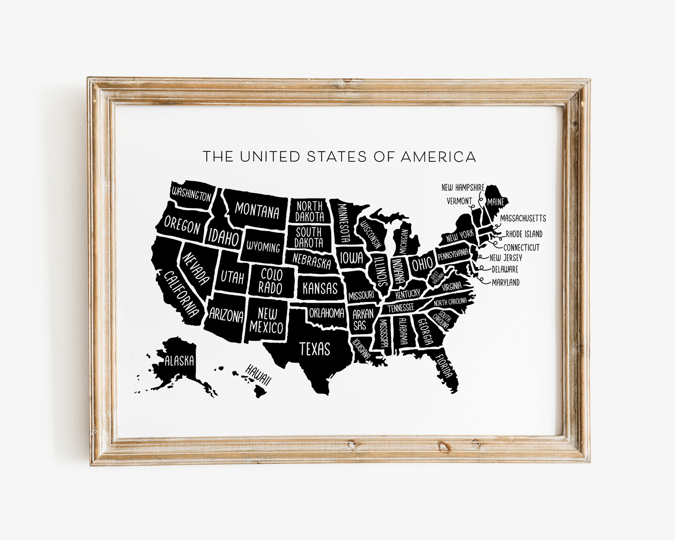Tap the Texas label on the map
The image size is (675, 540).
tap(315, 349)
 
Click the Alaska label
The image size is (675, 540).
tap(179, 361)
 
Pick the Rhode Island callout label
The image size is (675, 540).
tap(524, 234)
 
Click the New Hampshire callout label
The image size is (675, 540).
tap(463, 187)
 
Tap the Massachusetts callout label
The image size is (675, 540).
tap(523, 218)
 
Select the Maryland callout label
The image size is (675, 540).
tap(505, 282)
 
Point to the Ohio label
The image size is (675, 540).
tap(422, 264)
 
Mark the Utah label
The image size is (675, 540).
tap(232, 277)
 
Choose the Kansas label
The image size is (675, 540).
tap(320, 288)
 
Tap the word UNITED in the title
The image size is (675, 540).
tap(270, 157)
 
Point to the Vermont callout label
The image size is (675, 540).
tap(459, 201)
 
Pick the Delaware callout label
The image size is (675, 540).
tap(505, 269)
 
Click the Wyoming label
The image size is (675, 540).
tap(263, 247)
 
